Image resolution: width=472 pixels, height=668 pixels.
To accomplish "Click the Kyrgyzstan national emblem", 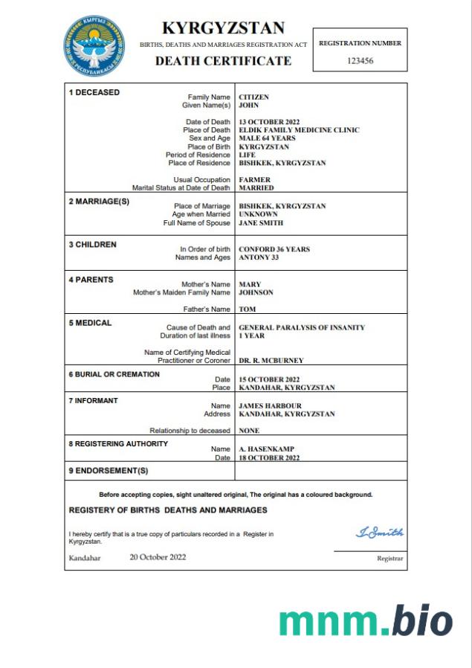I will (94, 45).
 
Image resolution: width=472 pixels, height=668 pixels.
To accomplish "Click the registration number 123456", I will (360, 61).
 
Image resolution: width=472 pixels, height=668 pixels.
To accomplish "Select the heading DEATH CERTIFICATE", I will (223, 61).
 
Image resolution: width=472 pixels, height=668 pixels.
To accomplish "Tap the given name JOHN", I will (249, 106).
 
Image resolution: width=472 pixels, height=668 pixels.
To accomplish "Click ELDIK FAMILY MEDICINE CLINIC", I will (299, 130).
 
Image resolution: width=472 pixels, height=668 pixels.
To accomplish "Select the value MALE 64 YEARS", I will (267, 138).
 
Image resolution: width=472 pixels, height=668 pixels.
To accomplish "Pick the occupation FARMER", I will (254, 180).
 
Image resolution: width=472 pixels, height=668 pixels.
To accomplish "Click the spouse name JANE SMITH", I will (261, 222).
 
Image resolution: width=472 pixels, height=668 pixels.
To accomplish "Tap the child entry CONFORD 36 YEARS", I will (274, 249).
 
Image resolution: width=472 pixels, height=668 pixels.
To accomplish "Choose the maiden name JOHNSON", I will (256, 292).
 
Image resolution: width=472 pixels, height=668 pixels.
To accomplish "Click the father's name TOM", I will (247, 309).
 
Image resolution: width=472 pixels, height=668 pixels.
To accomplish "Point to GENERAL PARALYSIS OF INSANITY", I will (302, 327).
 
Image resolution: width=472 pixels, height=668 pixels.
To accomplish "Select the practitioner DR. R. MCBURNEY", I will (271, 361).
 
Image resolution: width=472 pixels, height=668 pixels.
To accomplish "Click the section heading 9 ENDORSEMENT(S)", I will (109, 471).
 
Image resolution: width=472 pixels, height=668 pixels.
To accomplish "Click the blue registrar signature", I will (379, 532).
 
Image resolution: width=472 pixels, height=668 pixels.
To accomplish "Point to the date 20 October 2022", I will (158, 557).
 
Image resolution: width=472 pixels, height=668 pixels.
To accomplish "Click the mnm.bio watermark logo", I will (366, 621).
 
